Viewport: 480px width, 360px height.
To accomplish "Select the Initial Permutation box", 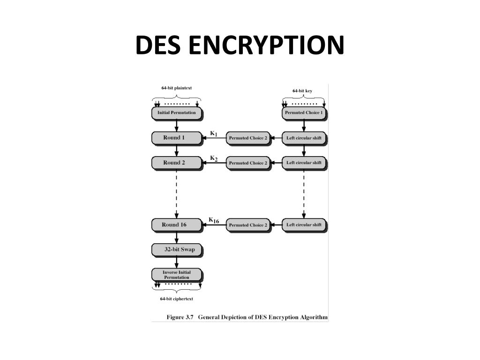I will pos(176,113).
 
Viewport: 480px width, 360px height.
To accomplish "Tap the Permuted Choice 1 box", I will pos(304,113).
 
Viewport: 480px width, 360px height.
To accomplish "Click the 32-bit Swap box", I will pos(176,250).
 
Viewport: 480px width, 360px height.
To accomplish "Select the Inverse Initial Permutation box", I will pos(176,275).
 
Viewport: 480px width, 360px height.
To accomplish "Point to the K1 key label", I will pos(213,134).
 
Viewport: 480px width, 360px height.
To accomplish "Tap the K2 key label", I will pos(213,158).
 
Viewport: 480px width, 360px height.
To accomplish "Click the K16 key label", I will pos(214,220).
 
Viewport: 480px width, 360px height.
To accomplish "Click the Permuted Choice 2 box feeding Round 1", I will pos(248,138).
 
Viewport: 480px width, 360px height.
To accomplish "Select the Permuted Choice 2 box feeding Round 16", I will pos(248,225).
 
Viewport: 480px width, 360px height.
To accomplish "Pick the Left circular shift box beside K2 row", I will pos(304,163).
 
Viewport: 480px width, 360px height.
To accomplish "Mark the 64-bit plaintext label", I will pos(176,88).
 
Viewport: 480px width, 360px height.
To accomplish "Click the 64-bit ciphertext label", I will pos(176,299).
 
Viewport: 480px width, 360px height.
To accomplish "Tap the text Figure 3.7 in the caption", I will pos(180,317).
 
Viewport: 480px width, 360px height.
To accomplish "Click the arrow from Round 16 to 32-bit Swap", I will pos(176,237).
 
